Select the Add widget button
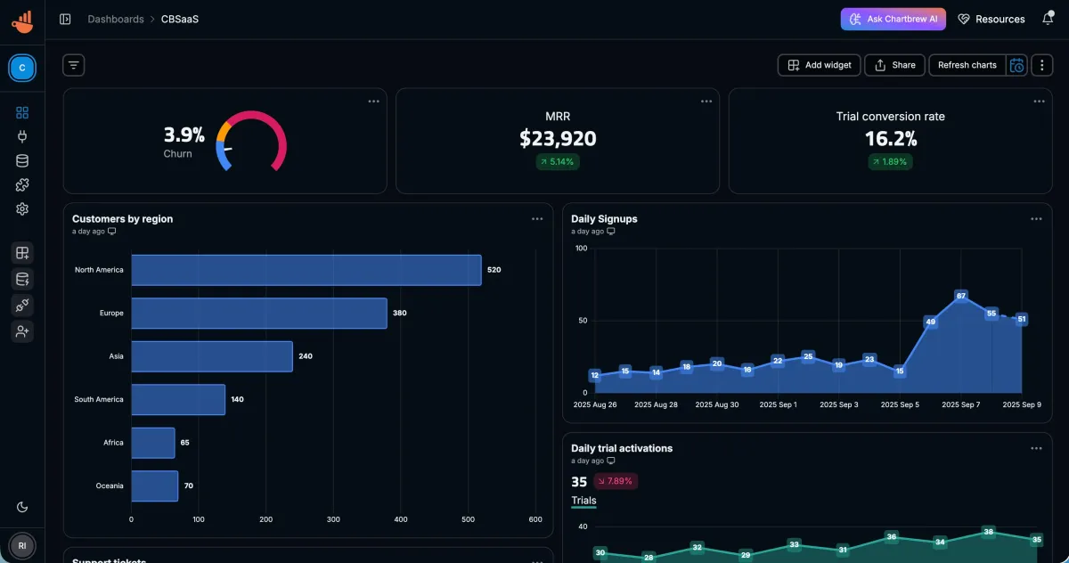pos(820,65)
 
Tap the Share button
pos(894,65)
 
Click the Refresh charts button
pos(967,65)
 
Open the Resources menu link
pos(991,19)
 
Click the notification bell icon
pos(1048,19)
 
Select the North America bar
pos(306,270)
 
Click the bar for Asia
pos(211,356)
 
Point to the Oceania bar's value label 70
pos(189,485)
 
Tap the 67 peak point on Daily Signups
pos(960,296)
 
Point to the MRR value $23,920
pos(558,139)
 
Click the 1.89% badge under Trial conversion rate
pos(890,161)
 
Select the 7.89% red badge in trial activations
pos(616,481)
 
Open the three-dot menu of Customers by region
pos(537,219)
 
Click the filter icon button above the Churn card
pos(74,65)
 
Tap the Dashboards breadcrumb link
pos(115,19)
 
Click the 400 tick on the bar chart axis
pos(401,519)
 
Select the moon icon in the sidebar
pos(22,507)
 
